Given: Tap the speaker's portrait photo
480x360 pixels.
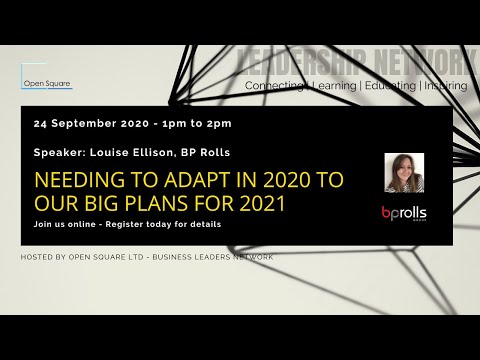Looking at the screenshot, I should [x=404, y=172].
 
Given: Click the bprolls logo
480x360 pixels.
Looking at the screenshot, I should [x=403, y=213].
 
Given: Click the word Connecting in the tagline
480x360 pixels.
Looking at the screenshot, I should [x=274, y=86].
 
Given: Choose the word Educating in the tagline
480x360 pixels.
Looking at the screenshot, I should [x=390, y=86].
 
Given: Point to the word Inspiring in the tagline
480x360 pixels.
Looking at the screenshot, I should [x=445, y=86].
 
